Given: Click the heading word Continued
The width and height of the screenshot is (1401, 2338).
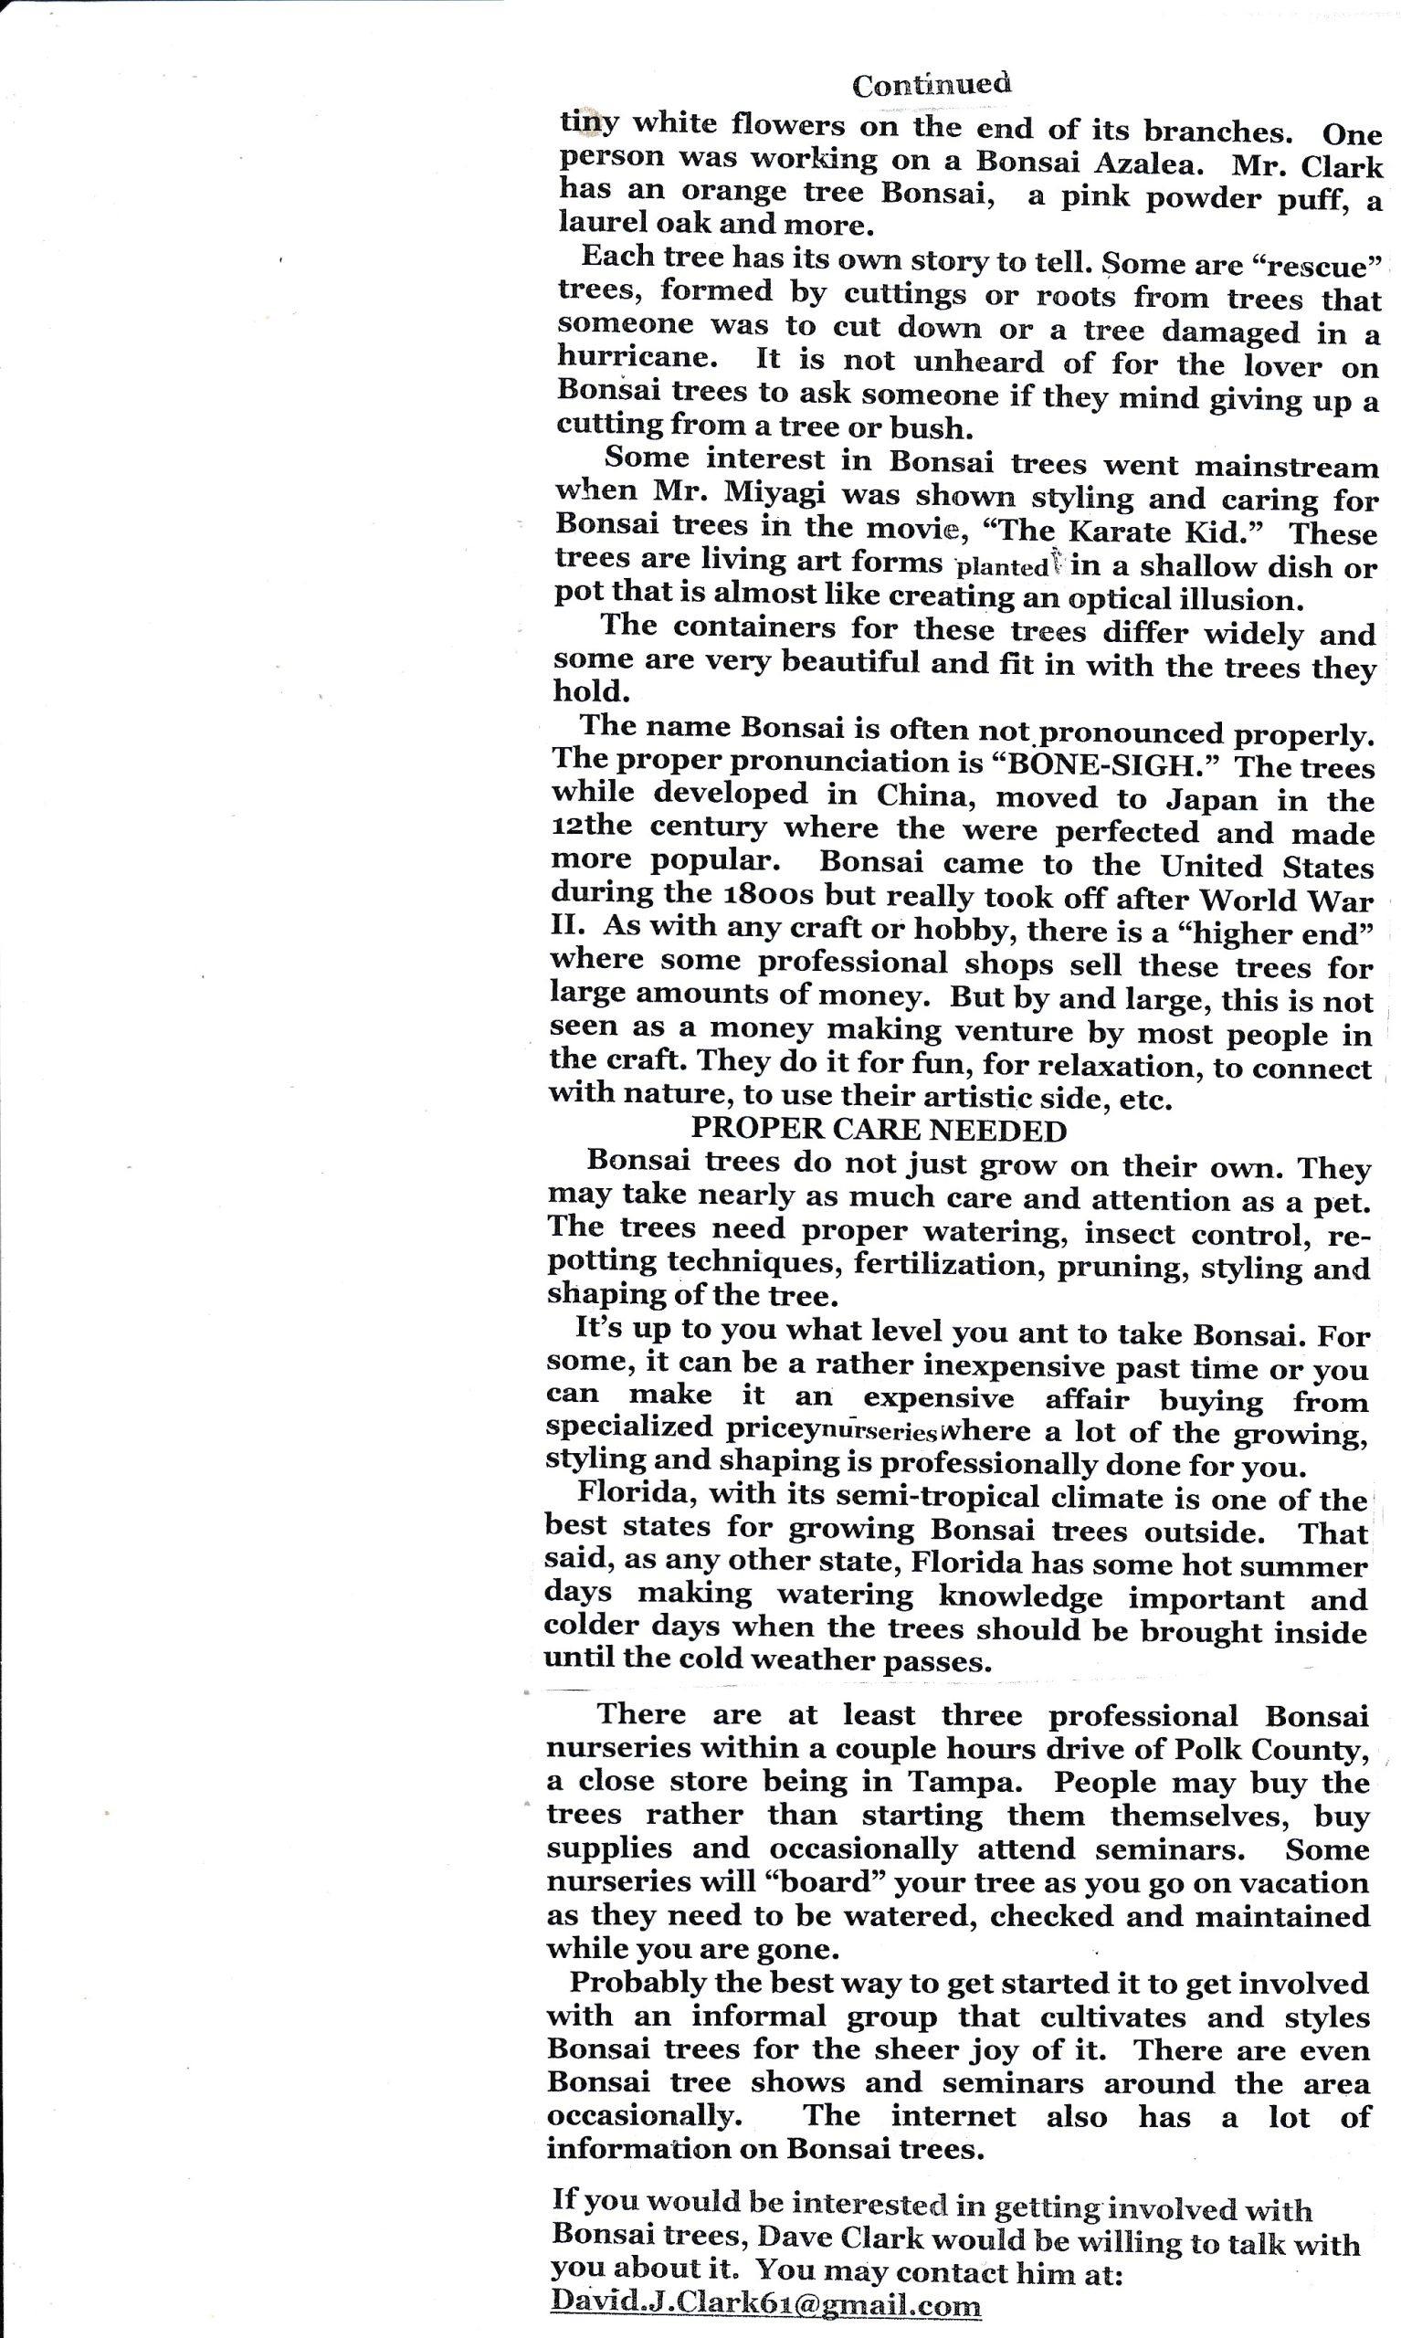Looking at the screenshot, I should (x=931, y=85).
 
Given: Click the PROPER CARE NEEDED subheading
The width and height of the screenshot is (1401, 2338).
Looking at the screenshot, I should (x=879, y=1130).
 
